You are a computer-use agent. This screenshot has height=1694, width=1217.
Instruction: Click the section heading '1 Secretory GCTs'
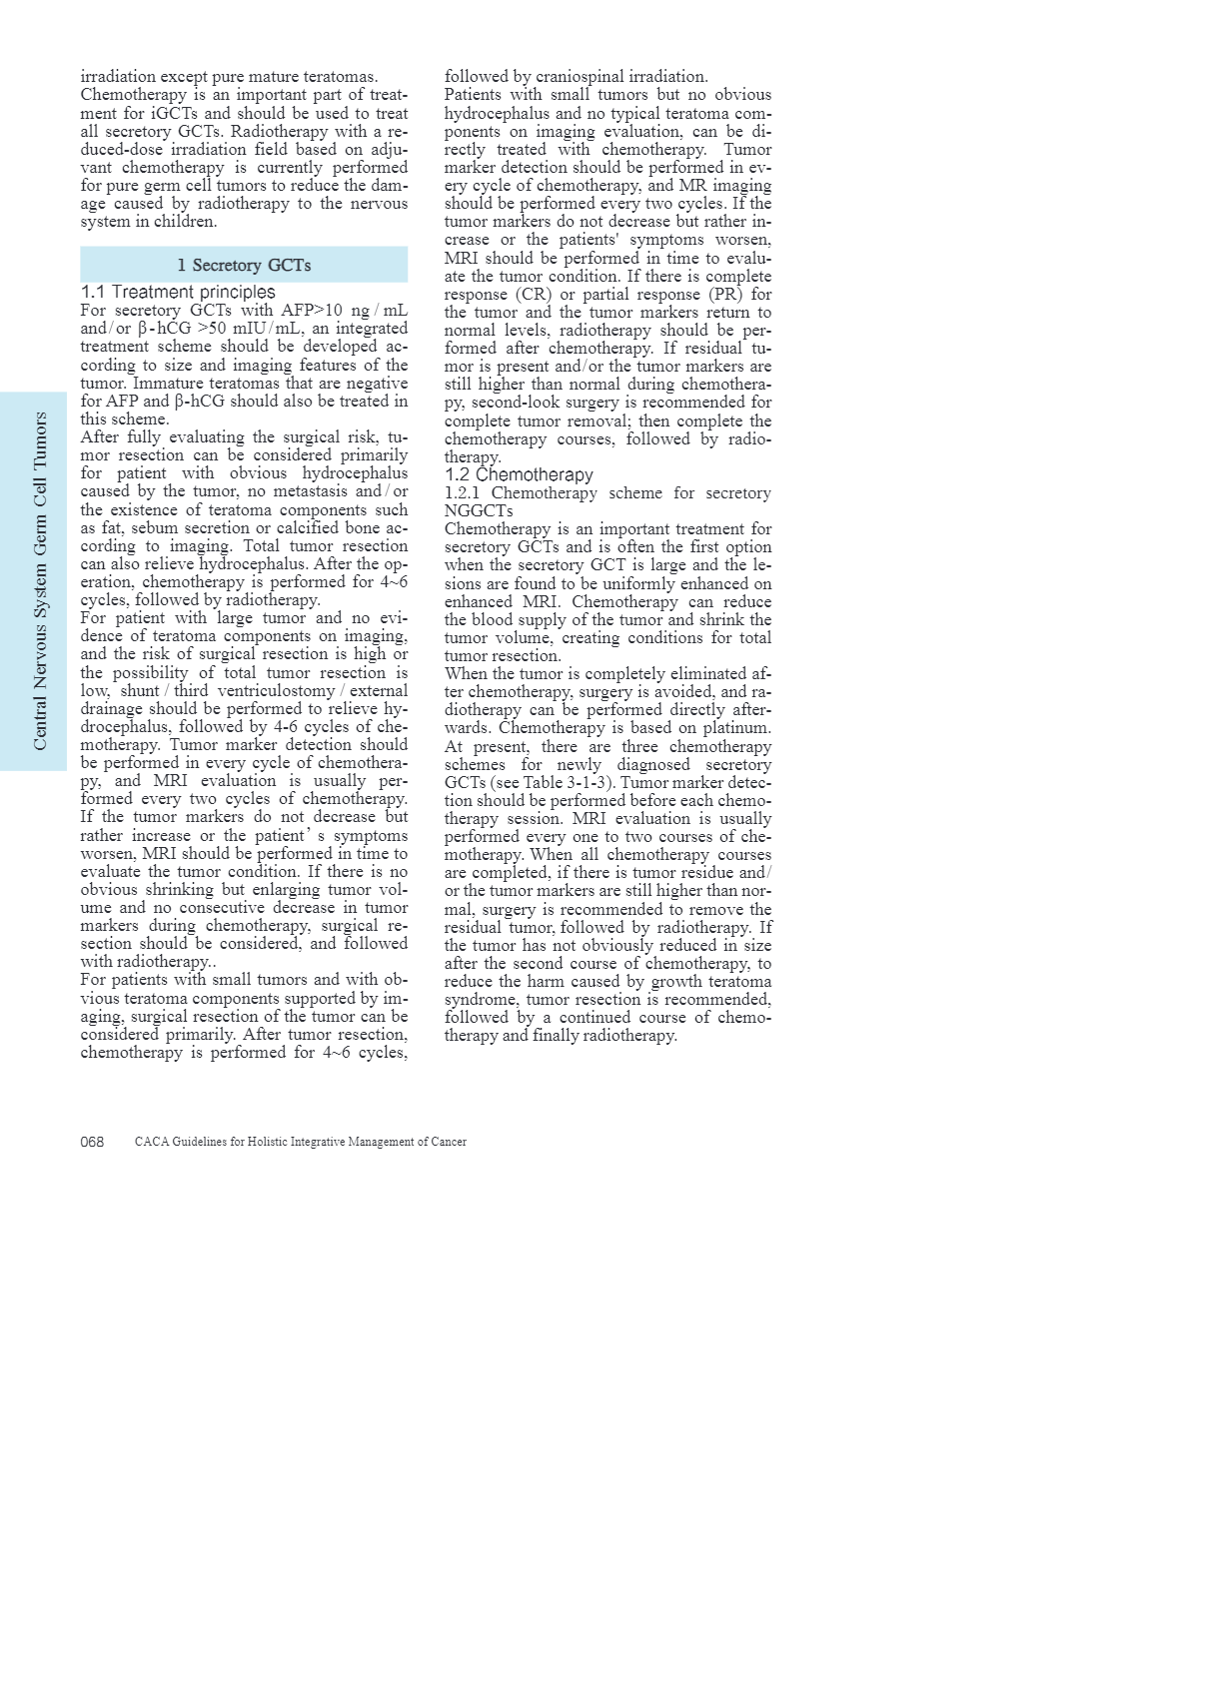244,265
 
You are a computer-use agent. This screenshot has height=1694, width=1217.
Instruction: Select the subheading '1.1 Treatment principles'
178,292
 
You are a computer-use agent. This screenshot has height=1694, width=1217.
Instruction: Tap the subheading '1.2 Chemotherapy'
519,474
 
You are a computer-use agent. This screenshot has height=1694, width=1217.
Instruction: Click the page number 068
92,1142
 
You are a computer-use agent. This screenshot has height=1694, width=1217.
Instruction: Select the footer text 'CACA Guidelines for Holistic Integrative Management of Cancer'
300,1142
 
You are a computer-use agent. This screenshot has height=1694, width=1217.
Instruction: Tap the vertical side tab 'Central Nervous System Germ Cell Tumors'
40,580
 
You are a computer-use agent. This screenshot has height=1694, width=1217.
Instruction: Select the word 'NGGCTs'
479,510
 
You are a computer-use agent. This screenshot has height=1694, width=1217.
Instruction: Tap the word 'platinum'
737,728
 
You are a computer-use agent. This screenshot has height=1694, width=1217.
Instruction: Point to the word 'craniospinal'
580,76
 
